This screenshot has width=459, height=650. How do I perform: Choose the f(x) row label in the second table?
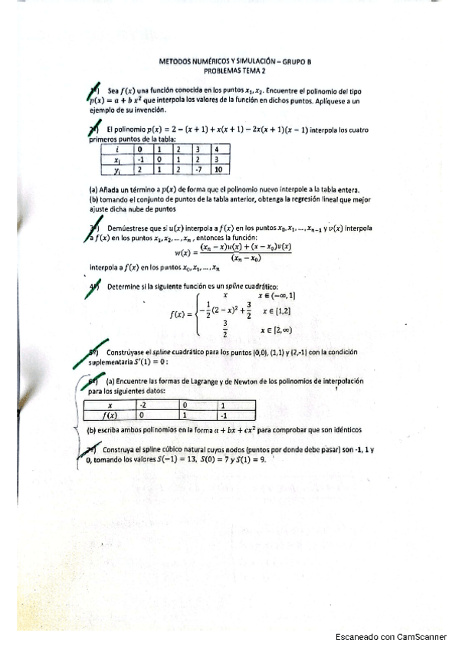[x=110, y=415]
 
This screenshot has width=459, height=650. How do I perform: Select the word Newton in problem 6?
[x=247, y=381]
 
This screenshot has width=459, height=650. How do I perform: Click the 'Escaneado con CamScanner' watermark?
[x=392, y=636]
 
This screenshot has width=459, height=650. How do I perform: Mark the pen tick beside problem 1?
[x=93, y=93]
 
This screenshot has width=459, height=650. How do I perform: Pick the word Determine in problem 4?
[x=126, y=286]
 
